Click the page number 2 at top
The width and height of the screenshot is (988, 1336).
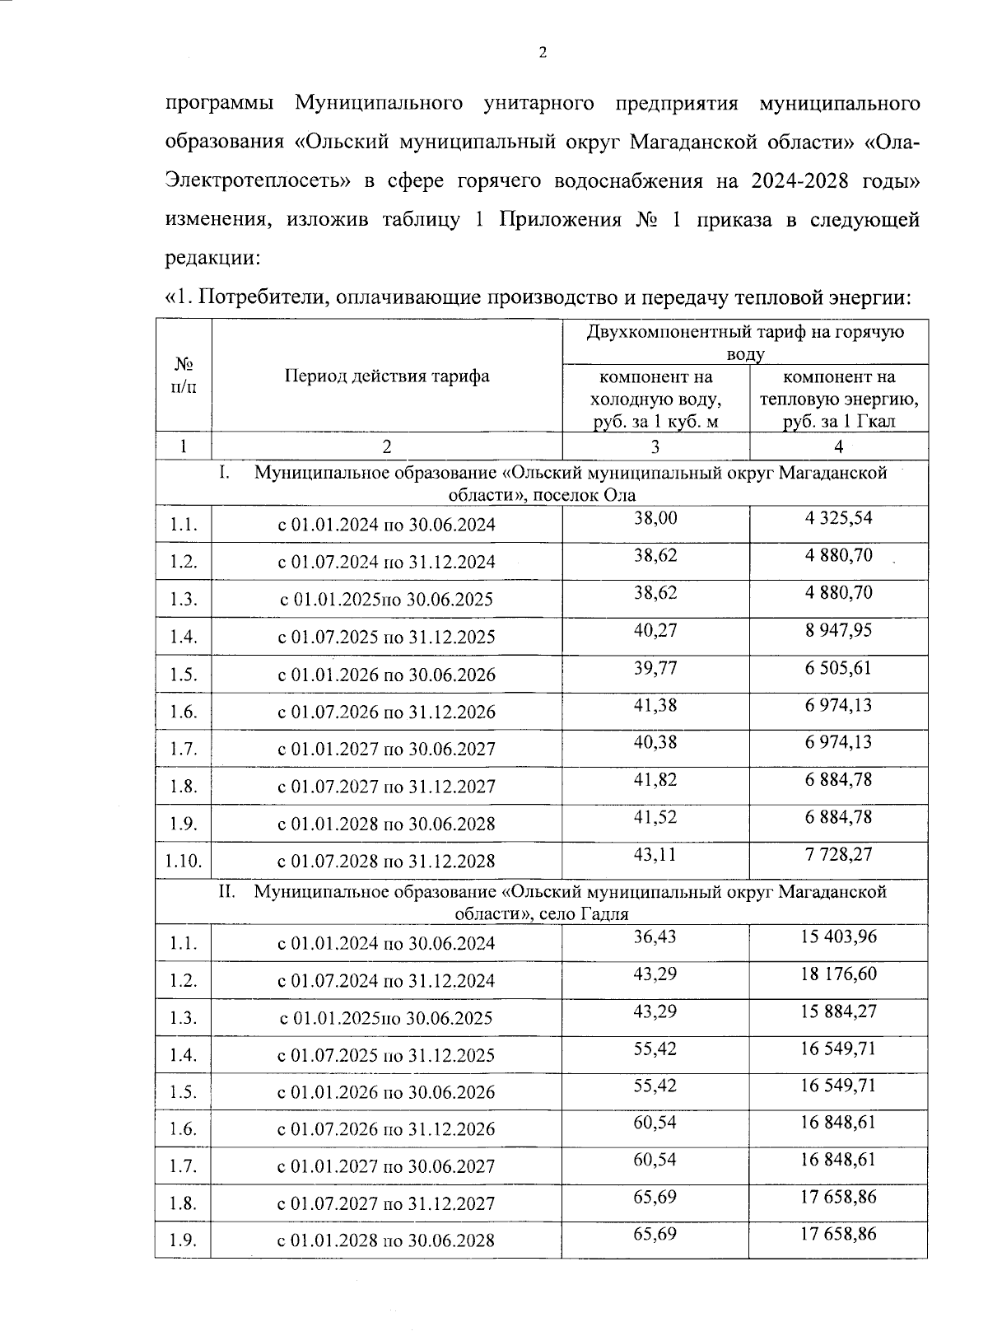542,54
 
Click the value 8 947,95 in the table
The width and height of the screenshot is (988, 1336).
838,630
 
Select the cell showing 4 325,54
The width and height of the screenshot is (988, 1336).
838,518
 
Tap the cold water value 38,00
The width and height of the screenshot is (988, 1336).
655,518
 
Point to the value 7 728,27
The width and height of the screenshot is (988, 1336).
838,854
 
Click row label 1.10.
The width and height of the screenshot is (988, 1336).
183,862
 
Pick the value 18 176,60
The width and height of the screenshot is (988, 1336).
838,974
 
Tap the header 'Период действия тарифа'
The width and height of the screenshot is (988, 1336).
387,376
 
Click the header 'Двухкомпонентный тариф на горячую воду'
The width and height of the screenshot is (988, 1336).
745,343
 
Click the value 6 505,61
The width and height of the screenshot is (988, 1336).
838,667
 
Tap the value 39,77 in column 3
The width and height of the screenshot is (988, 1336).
655,667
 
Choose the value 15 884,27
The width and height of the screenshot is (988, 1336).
838,1011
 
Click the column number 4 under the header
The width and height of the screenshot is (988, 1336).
838,446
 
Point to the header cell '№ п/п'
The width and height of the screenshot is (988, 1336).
183,376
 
